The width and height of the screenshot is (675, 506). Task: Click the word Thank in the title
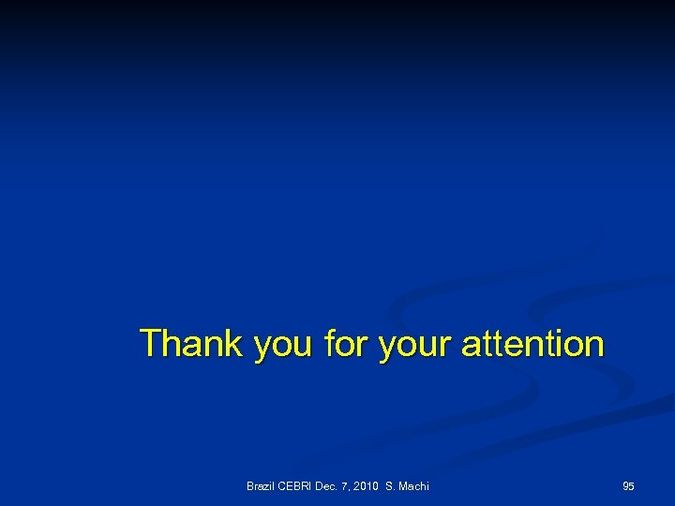pyautogui.click(x=191, y=344)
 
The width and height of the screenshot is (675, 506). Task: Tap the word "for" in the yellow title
pyautogui.click(x=346, y=344)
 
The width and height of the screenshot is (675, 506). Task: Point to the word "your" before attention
pyautogui.click(x=415, y=347)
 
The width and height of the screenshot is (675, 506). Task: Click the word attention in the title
pyautogui.click(x=532, y=344)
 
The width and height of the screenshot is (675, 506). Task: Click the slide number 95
pyautogui.click(x=628, y=485)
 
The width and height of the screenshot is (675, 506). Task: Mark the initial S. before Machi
pyautogui.click(x=391, y=485)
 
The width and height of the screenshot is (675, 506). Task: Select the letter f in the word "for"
pyautogui.click(x=329, y=344)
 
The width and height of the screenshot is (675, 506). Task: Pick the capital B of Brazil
pyautogui.click(x=250, y=485)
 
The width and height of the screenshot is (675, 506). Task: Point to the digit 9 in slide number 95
pyautogui.click(x=625, y=485)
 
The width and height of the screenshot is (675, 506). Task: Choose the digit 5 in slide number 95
pyautogui.click(x=632, y=485)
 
